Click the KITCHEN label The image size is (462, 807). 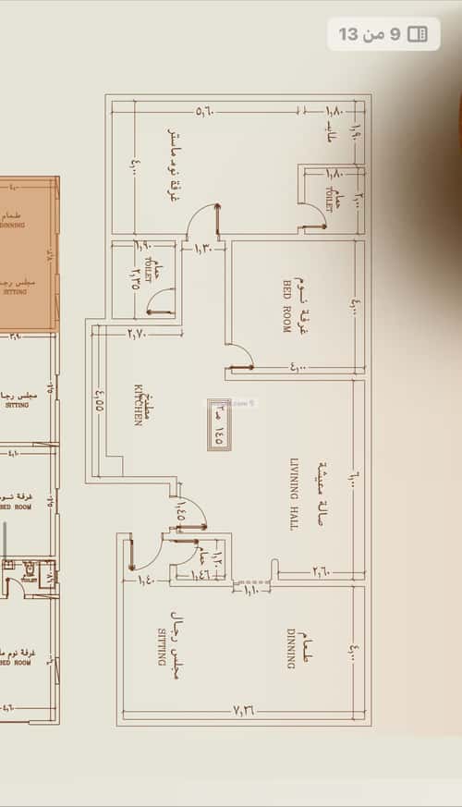pyautogui.click(x=138, y=404)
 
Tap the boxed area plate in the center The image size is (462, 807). pyautogui.click(x=219, y=424)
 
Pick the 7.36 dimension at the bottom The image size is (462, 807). pyautogui.click(x=244, y=710)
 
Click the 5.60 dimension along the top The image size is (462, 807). pyautogui.click(x=205, y=112)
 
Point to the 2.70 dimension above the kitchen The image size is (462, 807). pyautogui.click(x=137, y=333)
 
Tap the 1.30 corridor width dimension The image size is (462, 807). pyautogui.click(x=203, y=247)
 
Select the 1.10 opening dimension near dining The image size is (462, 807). pyautogui.click(x=250, y=589)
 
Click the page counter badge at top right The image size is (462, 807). pyautogui.click(x=383, y=34)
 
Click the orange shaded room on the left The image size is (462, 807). pyautogui.click(x=30, y=254)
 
